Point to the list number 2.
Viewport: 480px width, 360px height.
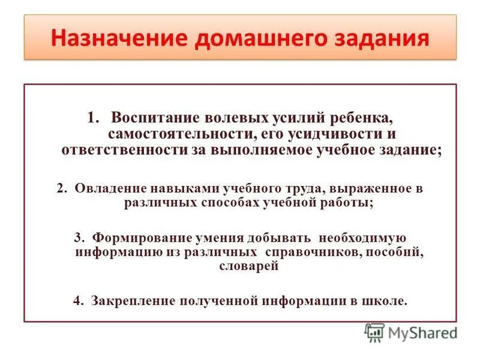click(61, 188)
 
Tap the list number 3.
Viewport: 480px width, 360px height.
click(77, 236)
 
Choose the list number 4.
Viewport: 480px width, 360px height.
click(77, 301)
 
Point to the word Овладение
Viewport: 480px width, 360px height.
click(104, 188)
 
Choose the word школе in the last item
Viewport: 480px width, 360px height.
click(386, 301)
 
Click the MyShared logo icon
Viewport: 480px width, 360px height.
click(375, 332)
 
